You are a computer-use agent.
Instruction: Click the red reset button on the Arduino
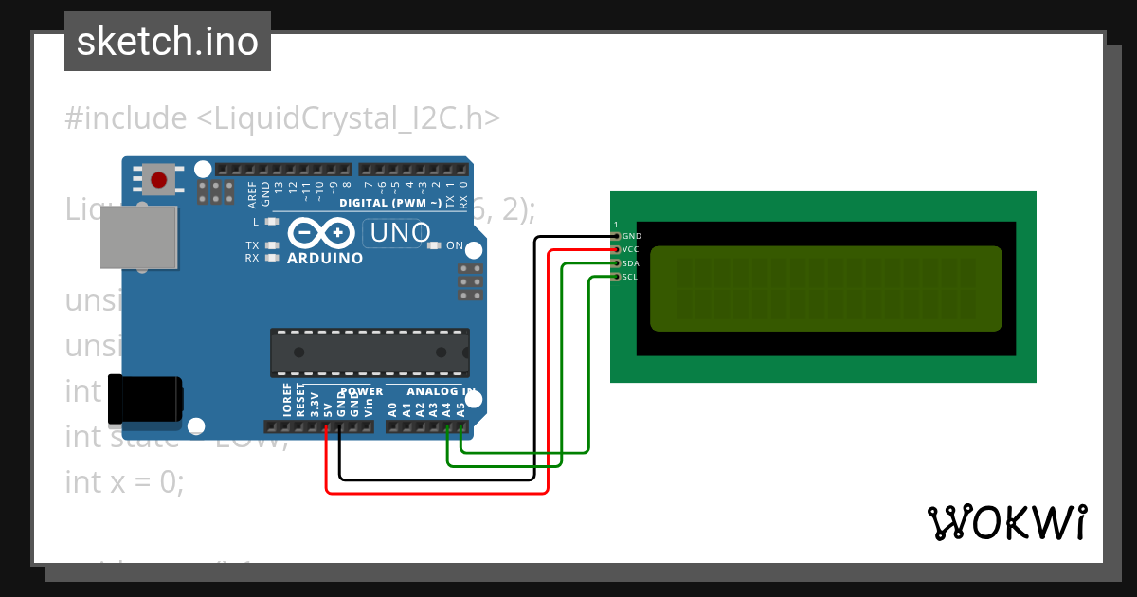158,179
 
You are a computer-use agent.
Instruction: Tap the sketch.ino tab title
168,42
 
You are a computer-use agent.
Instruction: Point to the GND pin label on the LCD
632,235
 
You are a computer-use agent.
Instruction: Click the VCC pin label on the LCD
631,249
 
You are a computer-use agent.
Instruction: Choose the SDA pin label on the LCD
631,263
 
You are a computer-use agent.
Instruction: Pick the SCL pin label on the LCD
630,277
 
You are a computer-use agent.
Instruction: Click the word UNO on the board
401,232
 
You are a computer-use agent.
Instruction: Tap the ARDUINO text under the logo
324,258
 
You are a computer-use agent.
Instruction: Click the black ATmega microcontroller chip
370,352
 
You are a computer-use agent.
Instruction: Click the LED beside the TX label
273,245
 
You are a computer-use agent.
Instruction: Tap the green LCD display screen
825,288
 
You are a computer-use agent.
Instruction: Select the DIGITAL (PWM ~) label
389,203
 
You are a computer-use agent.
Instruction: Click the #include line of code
282,118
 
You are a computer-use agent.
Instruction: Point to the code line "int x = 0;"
124,481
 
